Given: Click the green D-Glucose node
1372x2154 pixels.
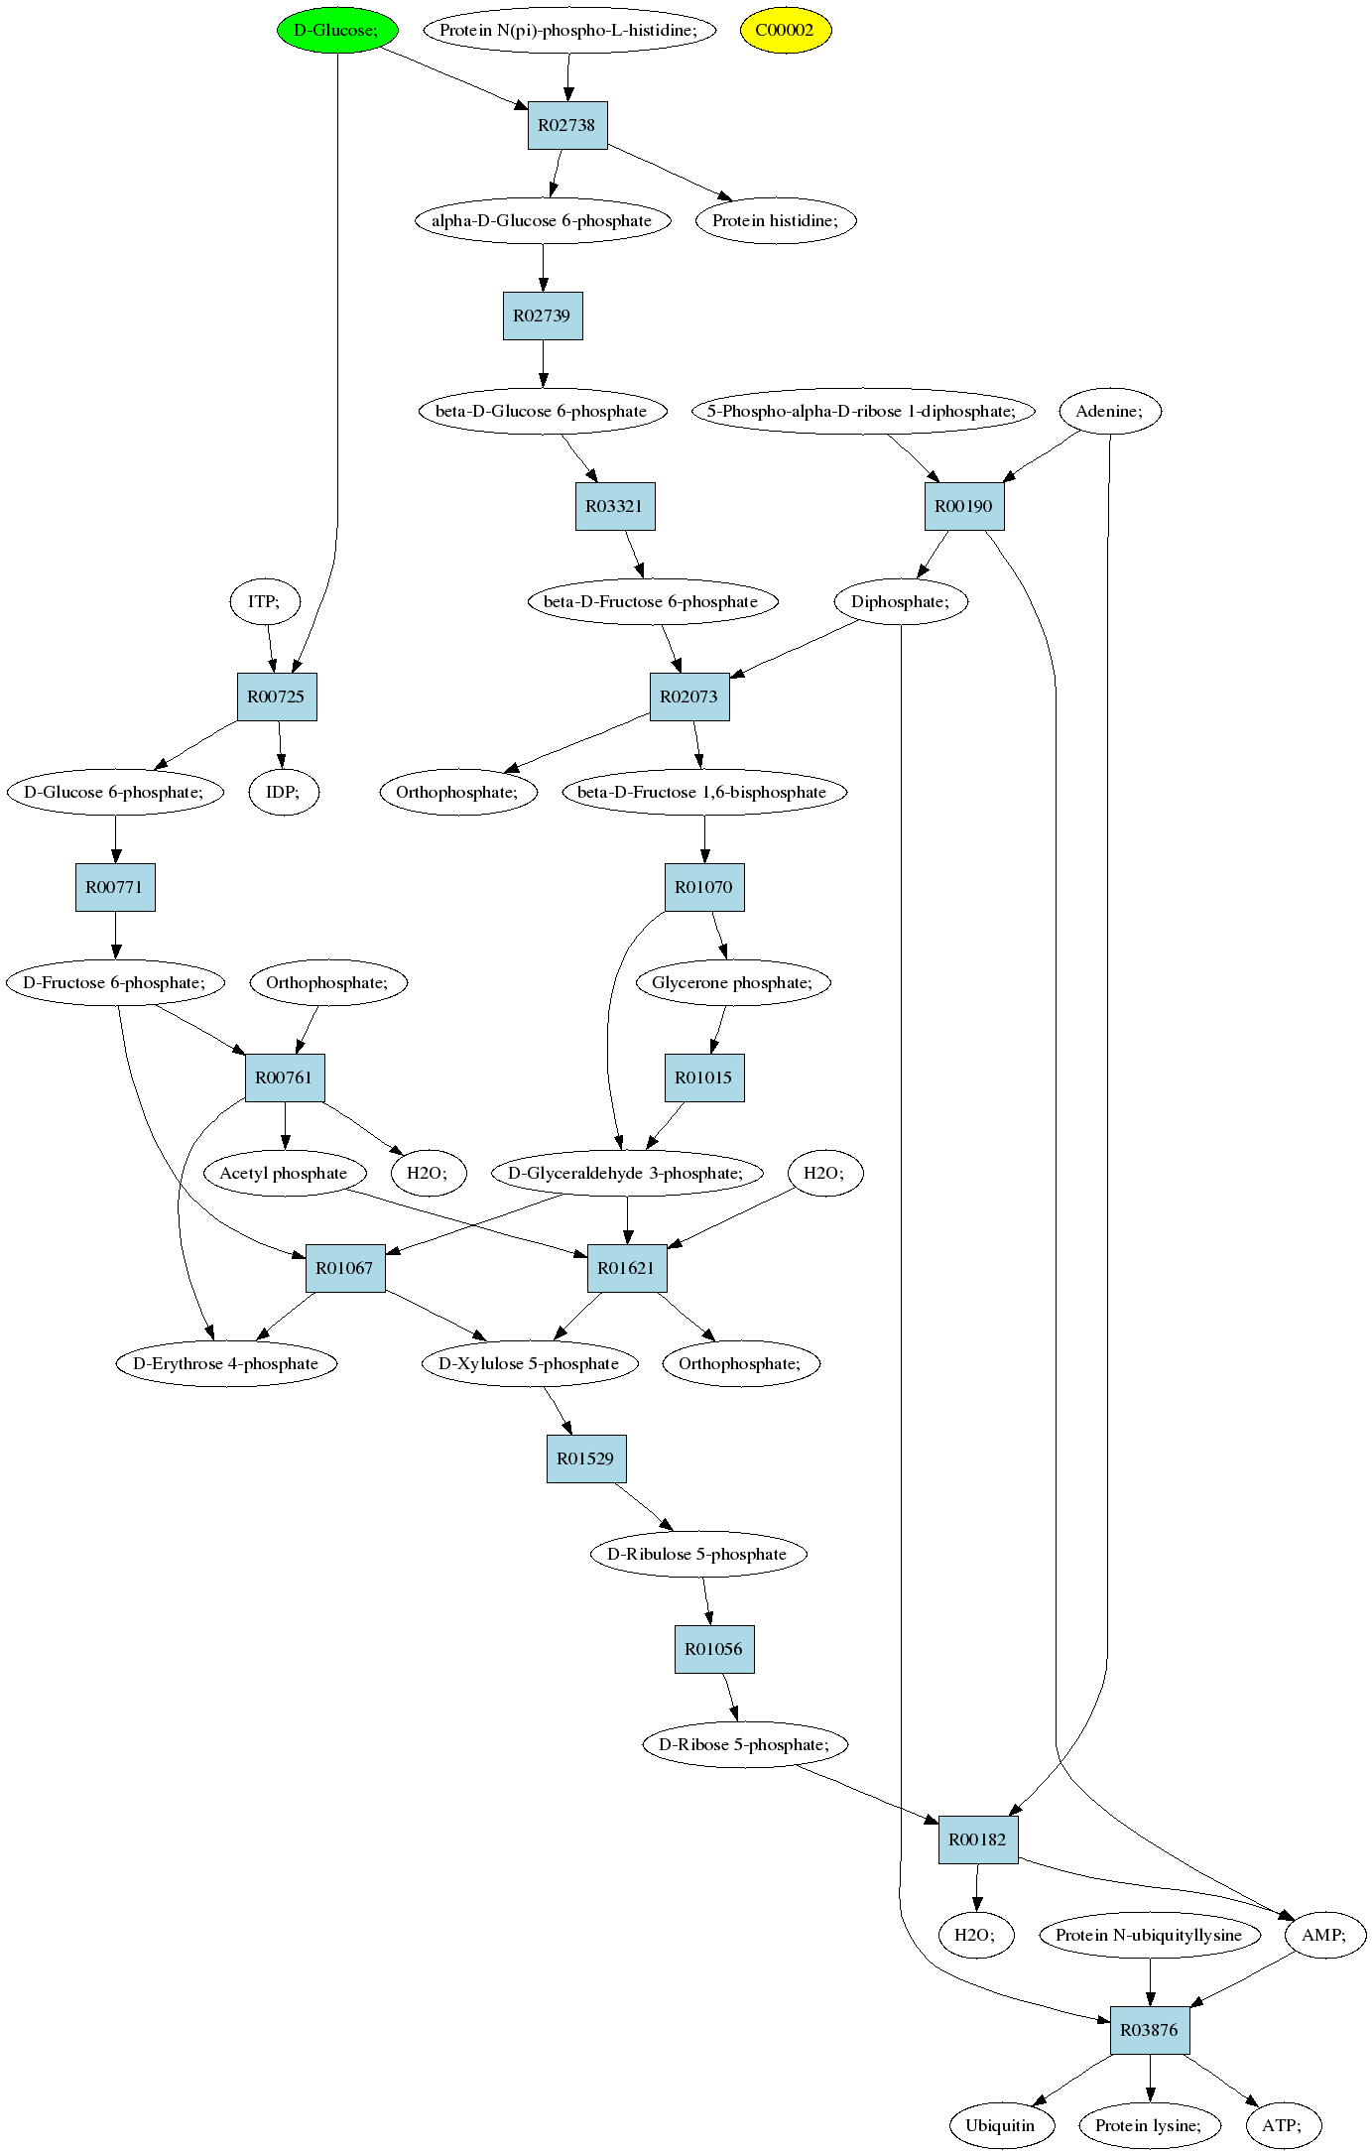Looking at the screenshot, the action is coord(337,30).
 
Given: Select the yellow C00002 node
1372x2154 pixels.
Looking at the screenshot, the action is coord(785,30).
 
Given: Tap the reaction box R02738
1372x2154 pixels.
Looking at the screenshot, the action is coord(567,125).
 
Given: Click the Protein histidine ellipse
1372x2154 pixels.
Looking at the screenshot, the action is coord(775,220).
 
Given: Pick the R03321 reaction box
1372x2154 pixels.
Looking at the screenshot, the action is coord(615,506).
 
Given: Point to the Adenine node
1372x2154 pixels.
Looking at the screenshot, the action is coord(1109,411).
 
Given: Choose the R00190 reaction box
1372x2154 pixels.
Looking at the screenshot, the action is coord(964,506).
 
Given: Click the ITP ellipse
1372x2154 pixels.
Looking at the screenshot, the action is coord(264,601).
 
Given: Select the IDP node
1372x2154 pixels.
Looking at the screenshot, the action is coord(284,792).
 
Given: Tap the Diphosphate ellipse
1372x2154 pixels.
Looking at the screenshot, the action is coord(901,601).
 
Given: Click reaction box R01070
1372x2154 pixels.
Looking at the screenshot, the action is coord(704,887).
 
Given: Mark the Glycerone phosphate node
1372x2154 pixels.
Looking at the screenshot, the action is coord(732,982).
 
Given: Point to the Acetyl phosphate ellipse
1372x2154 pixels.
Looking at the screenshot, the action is coord(284,1173).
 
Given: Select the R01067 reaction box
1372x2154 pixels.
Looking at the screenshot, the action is coord(345,1268).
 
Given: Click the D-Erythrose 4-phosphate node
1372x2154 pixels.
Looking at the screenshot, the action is coord(226,1363).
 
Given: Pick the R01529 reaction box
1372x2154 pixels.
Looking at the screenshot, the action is coord(586,1458).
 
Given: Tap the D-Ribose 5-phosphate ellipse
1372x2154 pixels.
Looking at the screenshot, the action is coord(750,1744).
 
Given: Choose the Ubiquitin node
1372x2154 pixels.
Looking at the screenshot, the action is coord(1000,2125).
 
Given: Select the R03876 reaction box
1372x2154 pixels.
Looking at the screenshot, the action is coord(1150,2030).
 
